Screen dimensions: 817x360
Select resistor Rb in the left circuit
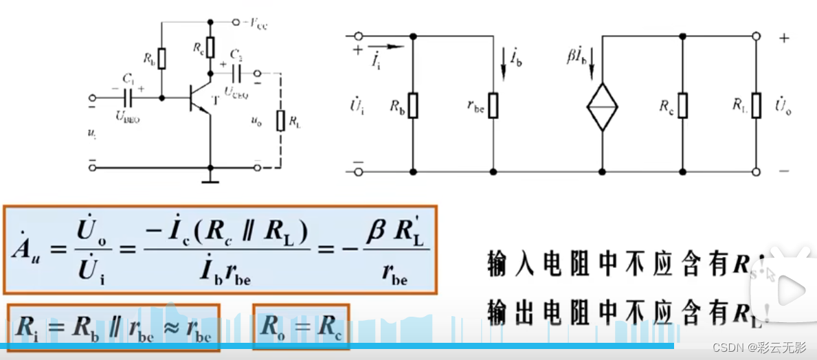coord(162,58)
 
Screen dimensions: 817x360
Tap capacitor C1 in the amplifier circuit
coord(128,98)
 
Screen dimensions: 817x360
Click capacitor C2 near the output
coord(236,72)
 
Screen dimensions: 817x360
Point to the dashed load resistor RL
coord(280,121)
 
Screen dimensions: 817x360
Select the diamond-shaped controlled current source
coord(602,106)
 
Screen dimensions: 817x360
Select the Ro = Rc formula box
coord(301,327)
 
